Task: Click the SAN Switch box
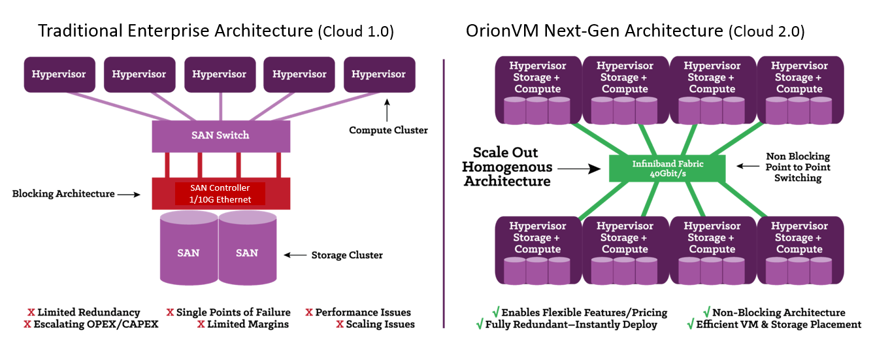(x=220, y=135)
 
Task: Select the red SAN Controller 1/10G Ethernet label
(x=220, y=193)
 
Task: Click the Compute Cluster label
(x=388, y=130)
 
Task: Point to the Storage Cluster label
(x=347, y=255)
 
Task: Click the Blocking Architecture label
(x=63, y=193)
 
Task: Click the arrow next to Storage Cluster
(x=296, y=255)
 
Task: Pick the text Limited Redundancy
(x=88, y=312)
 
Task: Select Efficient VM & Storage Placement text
(x=778, y=324)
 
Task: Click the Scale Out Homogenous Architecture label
(x=506, y=167)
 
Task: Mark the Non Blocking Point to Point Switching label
(x=798, y=167)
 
